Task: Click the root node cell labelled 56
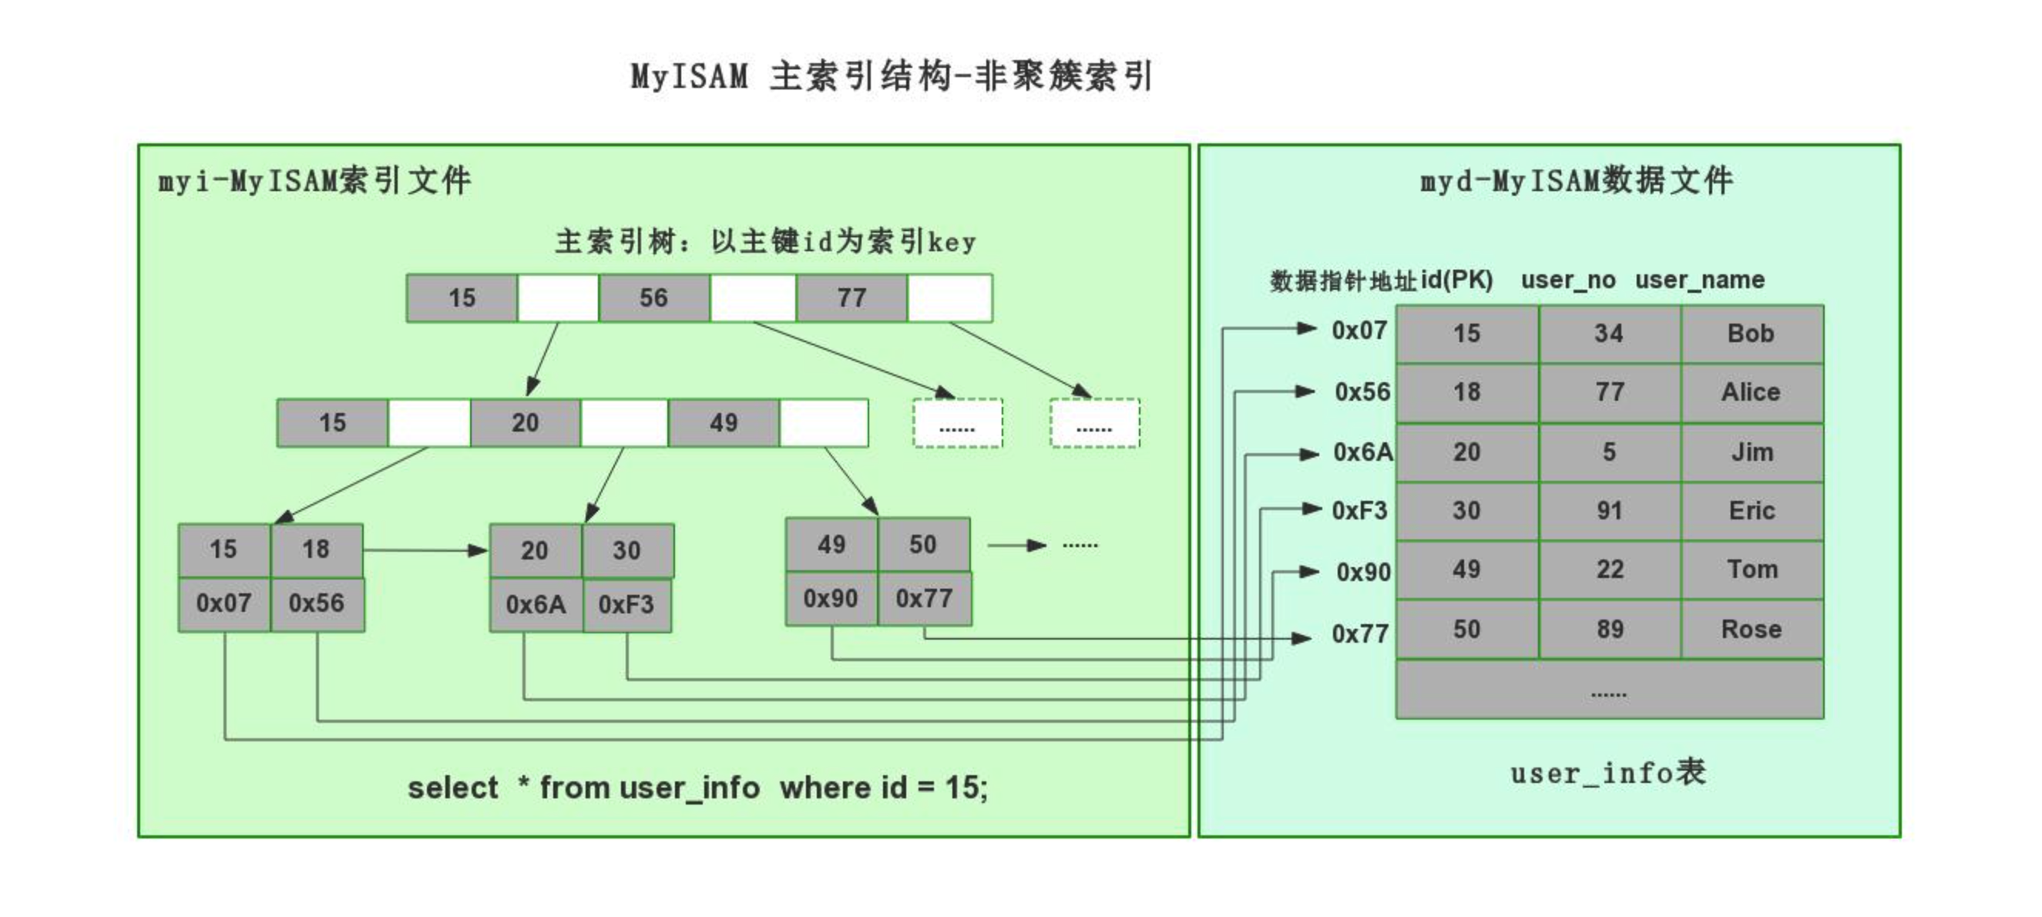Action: point(654,298)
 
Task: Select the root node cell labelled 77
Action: point(851,298)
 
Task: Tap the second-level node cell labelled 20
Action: point(525,422)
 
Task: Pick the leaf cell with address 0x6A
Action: point(536,605)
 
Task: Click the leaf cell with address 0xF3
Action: point(626,605)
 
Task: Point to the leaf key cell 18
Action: point(315,549)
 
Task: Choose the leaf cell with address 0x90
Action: point(831,599)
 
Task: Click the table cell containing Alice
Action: point(1751,392)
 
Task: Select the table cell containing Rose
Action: point(1751,630)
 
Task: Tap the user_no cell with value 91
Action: point(1609,511)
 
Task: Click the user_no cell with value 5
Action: point(1609,452)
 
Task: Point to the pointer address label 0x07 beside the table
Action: point(1359,331)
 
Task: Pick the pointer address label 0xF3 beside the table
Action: point(1359,511)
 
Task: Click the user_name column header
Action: point(1700,280)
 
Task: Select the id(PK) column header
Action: point(1457,280)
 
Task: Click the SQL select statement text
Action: point(697,788)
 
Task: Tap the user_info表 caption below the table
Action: point(1607,773)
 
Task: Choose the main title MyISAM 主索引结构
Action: point(891,77)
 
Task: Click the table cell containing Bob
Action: point(1751,334)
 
